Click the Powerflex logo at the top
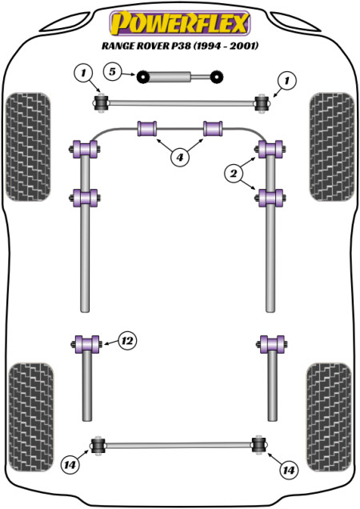coord(179,23)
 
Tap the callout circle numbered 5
coord(112,71)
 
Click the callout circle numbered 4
coord(179,158)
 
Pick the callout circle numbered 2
coord(234,174)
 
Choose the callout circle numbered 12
coord(127,341)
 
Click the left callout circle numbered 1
coord(83,73)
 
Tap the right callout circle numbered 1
coord(286,80)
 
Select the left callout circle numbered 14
coord(70,465)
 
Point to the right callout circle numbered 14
coord(289,470)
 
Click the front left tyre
coord(28,146)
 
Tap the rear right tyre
coord(329,417)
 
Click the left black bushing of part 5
coord(142,77)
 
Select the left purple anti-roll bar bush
coord(147,129)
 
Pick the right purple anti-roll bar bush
coord(213,129)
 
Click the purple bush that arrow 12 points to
coord(86,344)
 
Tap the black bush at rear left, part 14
coord(98,445)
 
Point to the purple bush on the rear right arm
coord(272,344)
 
